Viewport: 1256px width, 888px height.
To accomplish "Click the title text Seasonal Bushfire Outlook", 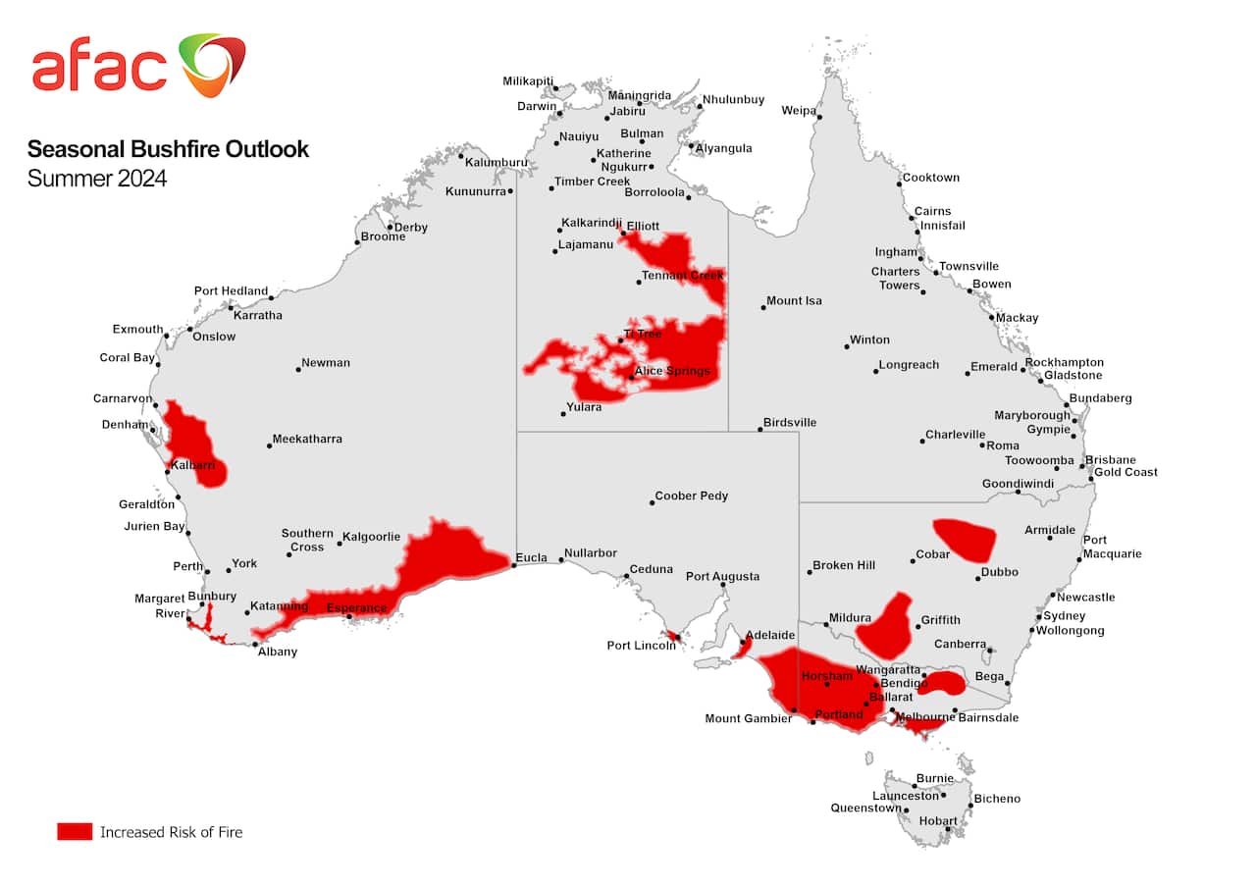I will [x=168, y=149].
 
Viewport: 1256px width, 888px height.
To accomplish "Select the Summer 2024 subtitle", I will [x=97, y=179].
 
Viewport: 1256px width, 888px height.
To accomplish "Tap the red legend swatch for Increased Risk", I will [x=75, y=831].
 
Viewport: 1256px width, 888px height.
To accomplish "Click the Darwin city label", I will [x=537, y=106].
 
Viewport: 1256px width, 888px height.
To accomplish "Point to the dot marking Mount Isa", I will [x=763, y=307].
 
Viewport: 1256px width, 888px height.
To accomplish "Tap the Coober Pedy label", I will [x=691, y=496].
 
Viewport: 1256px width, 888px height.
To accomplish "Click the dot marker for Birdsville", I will [x=759, y=429].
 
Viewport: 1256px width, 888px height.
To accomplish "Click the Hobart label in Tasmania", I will [x=938, y=820].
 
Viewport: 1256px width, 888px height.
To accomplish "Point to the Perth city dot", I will [x=207, y=571].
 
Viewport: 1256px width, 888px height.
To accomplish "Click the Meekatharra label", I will [x=307, y=439].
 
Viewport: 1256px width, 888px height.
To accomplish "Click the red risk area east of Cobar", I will [x=966, y=539].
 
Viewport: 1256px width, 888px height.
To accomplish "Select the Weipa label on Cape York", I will [x=798, y=110].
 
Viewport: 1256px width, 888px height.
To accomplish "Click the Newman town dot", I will [x=298, y=369].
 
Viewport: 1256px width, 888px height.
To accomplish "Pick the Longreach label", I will [x=909, y=364].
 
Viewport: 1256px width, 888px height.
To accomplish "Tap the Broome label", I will [x=383, y=236].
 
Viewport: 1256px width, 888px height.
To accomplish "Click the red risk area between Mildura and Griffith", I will [x=885, y=626].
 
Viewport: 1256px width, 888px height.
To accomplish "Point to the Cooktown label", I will [x=930, y=178].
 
